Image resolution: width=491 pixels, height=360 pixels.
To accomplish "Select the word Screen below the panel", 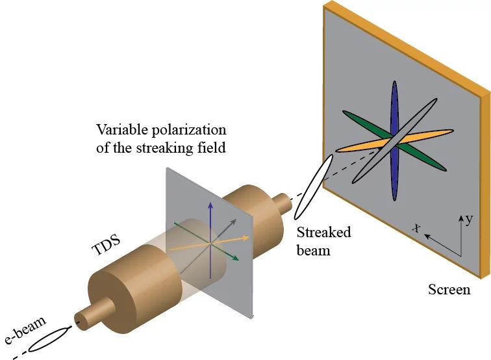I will [449, 289].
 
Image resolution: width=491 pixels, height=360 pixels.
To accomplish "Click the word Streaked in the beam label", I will [323, 233].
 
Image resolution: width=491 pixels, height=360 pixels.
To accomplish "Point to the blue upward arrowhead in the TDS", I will [210, 205].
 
